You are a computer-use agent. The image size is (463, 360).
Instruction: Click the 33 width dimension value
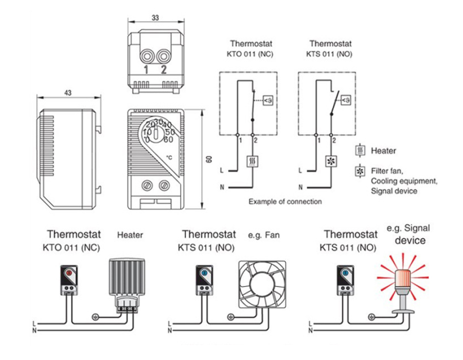click(155, 18)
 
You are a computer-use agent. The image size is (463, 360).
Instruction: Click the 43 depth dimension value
click(68, 93)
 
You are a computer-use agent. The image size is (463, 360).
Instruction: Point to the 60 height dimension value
click(208, 159)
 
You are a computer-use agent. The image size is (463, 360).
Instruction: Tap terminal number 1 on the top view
click(146, 70)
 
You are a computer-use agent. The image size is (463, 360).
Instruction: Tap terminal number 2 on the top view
click(164, 70)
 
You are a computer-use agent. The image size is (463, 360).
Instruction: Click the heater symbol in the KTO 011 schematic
click(253, 160)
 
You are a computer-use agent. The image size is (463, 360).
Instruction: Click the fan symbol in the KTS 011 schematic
click(330, 160)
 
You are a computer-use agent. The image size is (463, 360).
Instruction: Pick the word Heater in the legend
click(384, 151)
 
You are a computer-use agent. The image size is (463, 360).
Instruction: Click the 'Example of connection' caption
click(285, 202)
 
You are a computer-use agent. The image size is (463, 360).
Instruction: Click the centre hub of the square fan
click(261, 284)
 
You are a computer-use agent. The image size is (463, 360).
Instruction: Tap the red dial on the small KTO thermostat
click(69, 273)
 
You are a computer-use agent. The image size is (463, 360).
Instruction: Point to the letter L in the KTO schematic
click(222, 170)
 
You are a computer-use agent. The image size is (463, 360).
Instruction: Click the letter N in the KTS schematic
click(299, 187)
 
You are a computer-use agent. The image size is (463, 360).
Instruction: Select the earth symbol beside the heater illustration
click(95, 316)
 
